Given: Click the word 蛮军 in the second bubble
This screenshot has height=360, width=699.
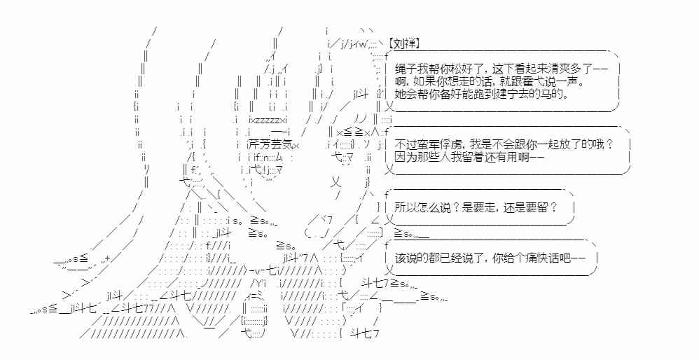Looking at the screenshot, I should coord(426,144).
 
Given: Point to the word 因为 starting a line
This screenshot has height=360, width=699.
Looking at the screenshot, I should coord(404,156).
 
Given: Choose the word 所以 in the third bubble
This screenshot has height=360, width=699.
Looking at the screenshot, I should coord(404,207).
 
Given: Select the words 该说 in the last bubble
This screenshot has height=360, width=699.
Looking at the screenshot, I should coord(404,257).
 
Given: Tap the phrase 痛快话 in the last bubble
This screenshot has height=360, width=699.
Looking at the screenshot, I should coord(544,257).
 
